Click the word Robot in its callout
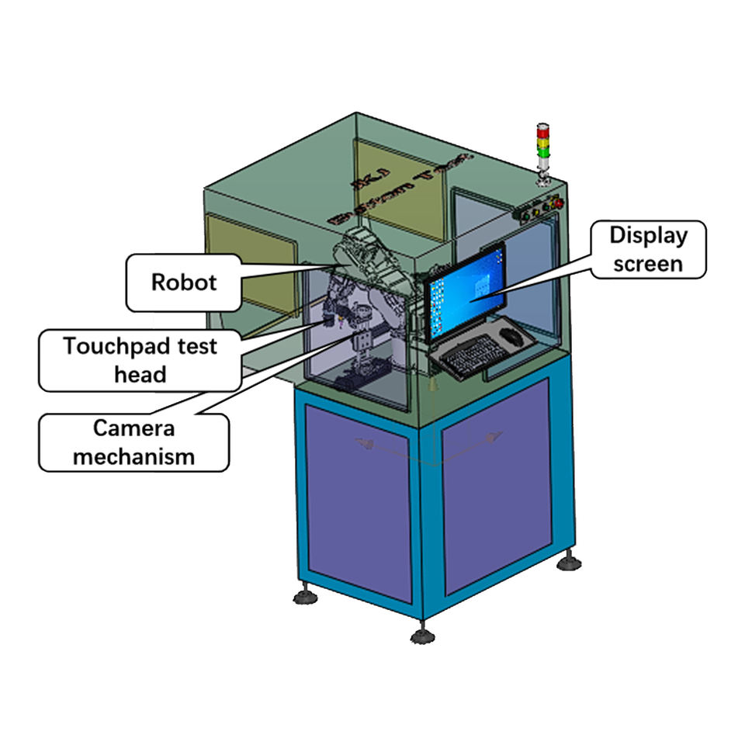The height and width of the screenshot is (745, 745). tap(184, 282)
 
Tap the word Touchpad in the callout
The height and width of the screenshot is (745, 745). tap(105, 346)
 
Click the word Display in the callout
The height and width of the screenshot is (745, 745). tap(648, 235)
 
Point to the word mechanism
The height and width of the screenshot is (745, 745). tap(133, 456)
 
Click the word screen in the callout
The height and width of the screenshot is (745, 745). tap(648, 263)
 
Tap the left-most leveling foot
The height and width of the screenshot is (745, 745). tap(304, 595)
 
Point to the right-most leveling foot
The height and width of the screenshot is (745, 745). tap(570, 561)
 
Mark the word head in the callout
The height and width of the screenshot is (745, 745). tap(140, 375)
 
